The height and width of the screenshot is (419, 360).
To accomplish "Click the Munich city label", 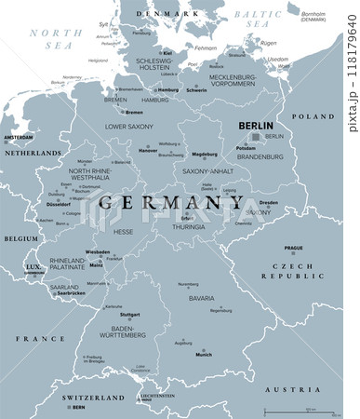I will tap(203, 355).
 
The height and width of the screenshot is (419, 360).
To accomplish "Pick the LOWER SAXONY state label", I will tap(129, 126).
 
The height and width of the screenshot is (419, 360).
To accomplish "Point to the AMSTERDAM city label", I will tap(19, 137).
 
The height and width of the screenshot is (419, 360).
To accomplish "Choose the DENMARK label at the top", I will tap(155, 13).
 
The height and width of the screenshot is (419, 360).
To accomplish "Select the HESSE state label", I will tap(123, 232).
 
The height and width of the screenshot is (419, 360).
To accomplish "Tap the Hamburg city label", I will tap(168, 90).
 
